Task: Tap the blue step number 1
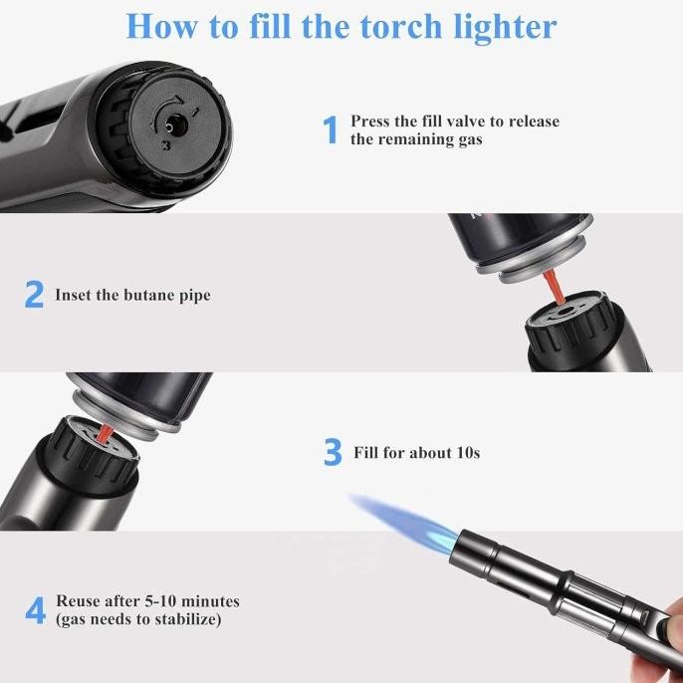pyautogui.click(x=332, y=129)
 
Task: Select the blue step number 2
pyautogui.click(x=35, y=295)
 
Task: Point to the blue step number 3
pyautogui.click(x=333, y=453)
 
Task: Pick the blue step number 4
pyautogui.click(x=35, y=610)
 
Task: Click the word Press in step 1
pyautogui.click(x=370, y=121)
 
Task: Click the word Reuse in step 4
pyautogui.click(x=78, y=601)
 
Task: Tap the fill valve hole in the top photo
pyautogui.click(x=174, y=126)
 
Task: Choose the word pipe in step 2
pyautogui.click(x=192, y=296)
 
